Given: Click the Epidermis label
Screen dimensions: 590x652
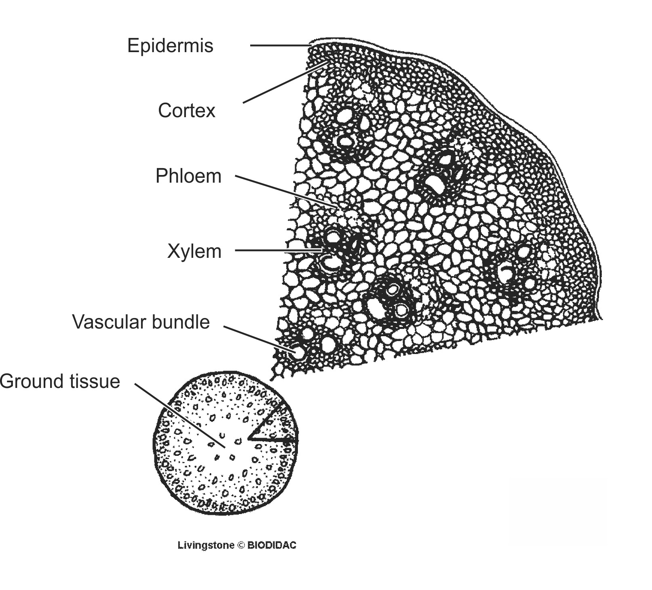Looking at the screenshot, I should [x=170, y=46].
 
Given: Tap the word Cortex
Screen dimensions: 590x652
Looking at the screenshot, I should [x=186, y=110].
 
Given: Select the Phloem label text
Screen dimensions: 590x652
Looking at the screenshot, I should [x=188, y=176].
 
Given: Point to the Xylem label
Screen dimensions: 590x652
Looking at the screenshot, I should [x=194, y=251].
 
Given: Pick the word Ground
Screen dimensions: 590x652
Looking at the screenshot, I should [x=31, y=381].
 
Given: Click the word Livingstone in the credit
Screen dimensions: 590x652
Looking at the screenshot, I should [x=206, y=545].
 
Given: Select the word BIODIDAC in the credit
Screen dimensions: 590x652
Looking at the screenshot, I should [x=272, y=545].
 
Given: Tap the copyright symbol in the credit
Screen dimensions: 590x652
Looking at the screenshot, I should [x=241, y=545].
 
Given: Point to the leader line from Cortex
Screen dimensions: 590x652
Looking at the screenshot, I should [x=283, y=83].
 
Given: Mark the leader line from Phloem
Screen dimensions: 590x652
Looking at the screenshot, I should [x=285, y=192].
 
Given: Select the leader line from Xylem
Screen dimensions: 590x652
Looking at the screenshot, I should [x=279, y=251].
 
